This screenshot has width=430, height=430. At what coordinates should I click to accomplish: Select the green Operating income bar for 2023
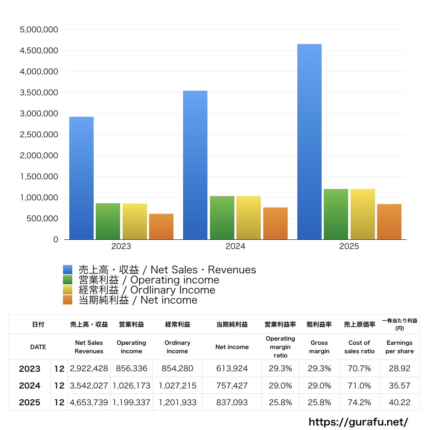pyautogui.click(x=108, y=221)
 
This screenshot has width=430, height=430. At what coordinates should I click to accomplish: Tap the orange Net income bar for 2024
pyautogui.click(x=275, y=223)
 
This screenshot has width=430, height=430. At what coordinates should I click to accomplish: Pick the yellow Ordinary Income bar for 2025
pyautogui.click(x=363, y=214)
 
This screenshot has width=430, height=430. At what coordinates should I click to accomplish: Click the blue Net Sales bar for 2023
pyautogui.click(x=81, y=178)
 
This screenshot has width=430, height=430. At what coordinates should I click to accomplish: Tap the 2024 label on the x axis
pyautogui.click(x=235, y=246)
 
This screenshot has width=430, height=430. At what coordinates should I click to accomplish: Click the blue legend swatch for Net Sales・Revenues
pyautogui.click(x=68, y=270)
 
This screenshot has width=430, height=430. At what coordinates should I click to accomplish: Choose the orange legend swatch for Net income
pyautogui.click(x=68, y=300)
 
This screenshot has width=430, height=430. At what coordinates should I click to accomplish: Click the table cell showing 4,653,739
pyautogui.click(x=89, y=402)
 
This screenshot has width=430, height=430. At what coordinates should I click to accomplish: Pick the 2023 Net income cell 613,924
pyautogui.click(x=232, y=369)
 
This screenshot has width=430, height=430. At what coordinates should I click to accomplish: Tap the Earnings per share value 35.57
pyautogui.click(x=399, y=385)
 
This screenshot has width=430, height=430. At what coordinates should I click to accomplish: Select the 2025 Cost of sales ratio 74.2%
pyautogui.click(x=359, y=402)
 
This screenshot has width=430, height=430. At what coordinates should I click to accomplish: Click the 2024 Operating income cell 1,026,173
pyautogui.click(x=131, y=385)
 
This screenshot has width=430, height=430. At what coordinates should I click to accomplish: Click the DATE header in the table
pyautogui.click(x=38, y=347)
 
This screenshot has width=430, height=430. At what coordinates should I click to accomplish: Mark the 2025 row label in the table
pyautogui.click(x=30, y=402)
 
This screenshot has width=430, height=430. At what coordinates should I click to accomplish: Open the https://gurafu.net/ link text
pyautogui.click(x=358, y=422)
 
